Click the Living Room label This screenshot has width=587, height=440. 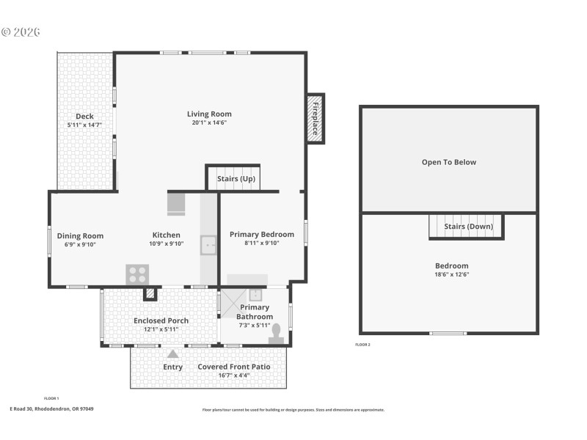(209, 114)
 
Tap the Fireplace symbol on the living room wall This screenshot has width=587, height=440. (316, 118)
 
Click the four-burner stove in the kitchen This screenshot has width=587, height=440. (137, 274)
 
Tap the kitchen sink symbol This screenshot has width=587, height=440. (208, 245)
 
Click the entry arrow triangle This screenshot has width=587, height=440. (173, 354)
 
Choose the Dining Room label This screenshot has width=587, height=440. (80, 235)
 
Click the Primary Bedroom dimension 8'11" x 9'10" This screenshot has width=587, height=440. (261, 243)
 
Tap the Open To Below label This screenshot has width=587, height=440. (448, 162)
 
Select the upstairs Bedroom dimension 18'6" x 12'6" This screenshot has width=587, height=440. (451, 274)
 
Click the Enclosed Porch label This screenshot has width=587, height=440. (161, 320)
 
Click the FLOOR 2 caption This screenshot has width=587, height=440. (362, 344)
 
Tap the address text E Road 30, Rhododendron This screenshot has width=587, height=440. (51, 409)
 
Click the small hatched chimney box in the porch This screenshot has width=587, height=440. (150, 293)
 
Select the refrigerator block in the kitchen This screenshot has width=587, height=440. (177, 204)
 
